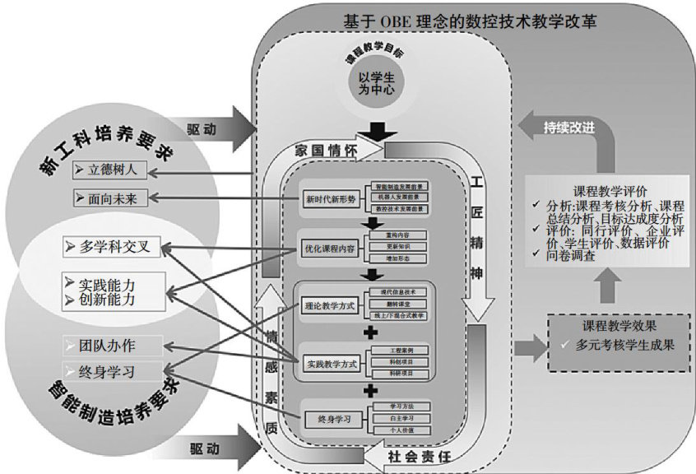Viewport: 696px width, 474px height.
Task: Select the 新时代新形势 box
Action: click(331, 198)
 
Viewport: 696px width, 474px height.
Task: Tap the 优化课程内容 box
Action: click(331, 247)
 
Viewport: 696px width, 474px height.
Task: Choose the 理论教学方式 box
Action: click(330, 304)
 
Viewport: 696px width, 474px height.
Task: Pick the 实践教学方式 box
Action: click(330, 363)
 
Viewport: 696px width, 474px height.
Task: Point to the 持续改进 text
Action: click(569, 126)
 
